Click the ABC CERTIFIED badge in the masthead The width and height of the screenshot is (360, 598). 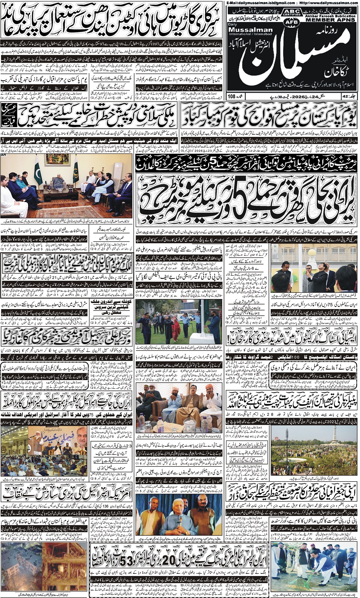coord(292,13)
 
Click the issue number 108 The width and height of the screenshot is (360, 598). coord(231,97)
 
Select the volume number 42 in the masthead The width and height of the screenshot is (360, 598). coord(346,97)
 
